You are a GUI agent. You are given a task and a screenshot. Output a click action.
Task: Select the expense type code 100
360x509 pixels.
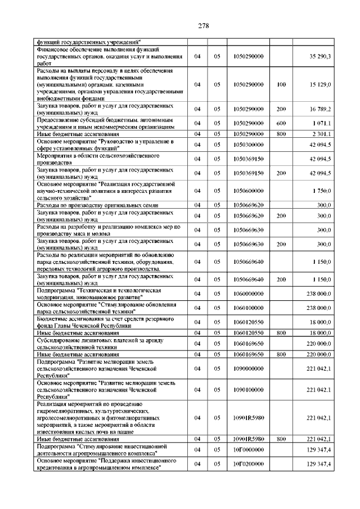pyautogui.click(x=281, y=84)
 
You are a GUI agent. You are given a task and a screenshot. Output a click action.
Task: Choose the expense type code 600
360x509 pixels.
pyautogui.click(x=281, y=123)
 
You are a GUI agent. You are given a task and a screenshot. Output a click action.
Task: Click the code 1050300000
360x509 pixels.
pyautogui.click(x=248, y=145)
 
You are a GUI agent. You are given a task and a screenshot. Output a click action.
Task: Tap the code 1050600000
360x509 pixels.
pyautogui.click(x=248, y=191)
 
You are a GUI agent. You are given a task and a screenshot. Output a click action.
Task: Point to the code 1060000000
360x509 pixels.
pyautogui.click(x=248, y=294)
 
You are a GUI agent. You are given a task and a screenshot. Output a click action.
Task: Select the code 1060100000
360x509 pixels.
pyautogui.click(x=248, y=308)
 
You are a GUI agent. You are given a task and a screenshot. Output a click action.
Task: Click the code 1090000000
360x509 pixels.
pyautogui.click(x=248, y=368)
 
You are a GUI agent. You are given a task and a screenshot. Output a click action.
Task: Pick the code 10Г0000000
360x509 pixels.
pyautogui.click(x=248, y=451)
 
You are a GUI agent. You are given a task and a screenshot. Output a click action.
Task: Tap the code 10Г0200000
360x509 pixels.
pyautogui.click(x=248, y=465)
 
